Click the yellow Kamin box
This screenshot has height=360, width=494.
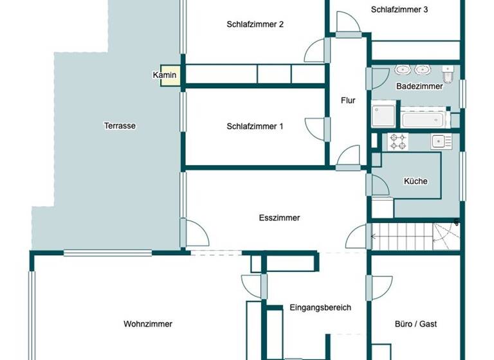[165, 76]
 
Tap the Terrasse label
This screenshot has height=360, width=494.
[120, 126]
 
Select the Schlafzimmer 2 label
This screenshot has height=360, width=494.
[255, 24]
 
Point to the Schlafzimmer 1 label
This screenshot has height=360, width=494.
[255, 127]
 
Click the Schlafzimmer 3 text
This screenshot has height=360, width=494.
[399, 10]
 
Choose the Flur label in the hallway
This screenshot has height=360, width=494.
[348, 100]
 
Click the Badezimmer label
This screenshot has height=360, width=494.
[419, 86]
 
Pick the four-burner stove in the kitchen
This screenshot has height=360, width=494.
[398, 141]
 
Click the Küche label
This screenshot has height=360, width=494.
[416, 181]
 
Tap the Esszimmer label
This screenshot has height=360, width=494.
[279, 218]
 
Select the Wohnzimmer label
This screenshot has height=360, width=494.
[148, 324]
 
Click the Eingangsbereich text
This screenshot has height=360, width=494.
[320, 307]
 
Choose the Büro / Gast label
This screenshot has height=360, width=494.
[416, 324]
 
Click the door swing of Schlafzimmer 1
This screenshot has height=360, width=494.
[316, 129]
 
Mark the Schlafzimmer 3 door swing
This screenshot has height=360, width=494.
[348, 24]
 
